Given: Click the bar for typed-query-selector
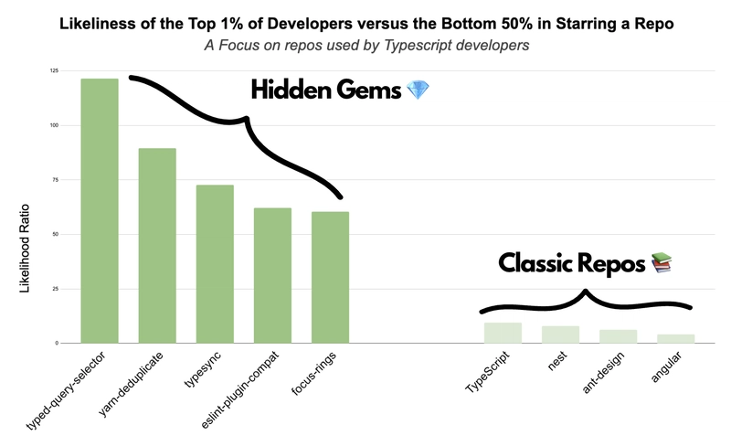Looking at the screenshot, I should tap(100, 210).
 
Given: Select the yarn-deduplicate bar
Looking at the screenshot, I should tap(157, 245).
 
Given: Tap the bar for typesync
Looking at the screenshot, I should tap(215, 263).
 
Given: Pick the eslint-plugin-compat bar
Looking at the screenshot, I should tap(272, 275).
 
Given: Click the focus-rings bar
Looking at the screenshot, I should tap(330, 277).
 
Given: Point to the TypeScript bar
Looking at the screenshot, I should tap(503, 333).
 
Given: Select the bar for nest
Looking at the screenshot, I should tap(560, 334).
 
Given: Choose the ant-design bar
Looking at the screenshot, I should tap(618, 336).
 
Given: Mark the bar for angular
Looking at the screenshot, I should tap(675, 338).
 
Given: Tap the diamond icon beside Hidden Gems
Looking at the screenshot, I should tap(418, 90).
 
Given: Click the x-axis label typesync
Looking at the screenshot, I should tap(203, 370).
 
